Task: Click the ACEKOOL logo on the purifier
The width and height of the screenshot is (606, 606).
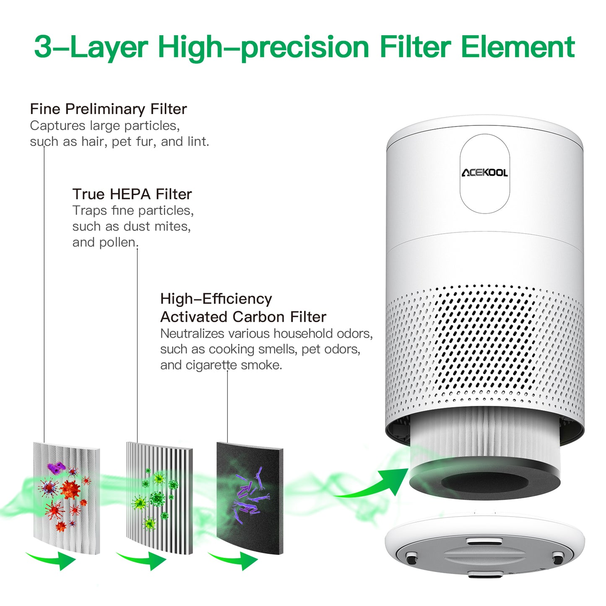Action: [484, 173]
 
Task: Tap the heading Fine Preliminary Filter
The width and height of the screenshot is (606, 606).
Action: [108, 109]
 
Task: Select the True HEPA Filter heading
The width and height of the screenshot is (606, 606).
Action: [132, 194]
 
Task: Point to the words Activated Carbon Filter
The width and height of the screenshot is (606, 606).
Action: [243, 317]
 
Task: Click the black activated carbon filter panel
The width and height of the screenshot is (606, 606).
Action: [250, 497]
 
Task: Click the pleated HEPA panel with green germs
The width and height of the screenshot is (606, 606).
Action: [159, 497]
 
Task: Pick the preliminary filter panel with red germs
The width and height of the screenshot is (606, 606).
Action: [67, 497]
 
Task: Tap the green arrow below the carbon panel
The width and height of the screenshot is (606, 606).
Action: [235, 560]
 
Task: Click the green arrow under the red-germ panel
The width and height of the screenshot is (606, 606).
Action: [52, 560]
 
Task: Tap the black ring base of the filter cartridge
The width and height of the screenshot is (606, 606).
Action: [484, 482]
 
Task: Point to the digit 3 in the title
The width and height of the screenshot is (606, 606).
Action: [43, 47]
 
